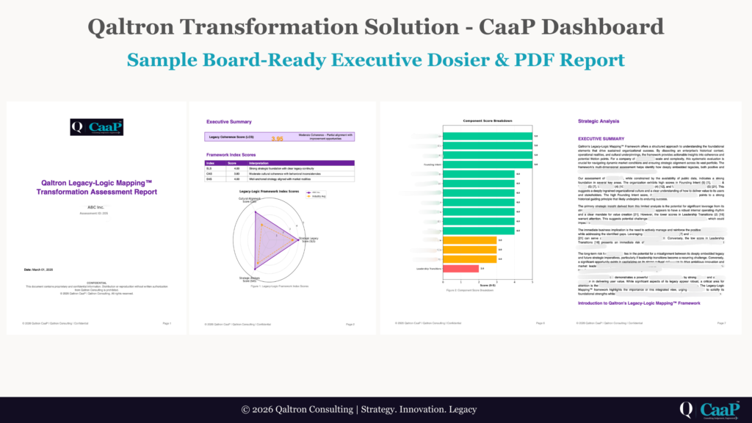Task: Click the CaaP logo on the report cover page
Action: (96, 128)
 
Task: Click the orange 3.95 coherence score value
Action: (278, 137)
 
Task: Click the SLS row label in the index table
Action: (209, 168)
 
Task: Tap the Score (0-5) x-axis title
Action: (487, 286)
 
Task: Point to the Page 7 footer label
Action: (720, 323)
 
